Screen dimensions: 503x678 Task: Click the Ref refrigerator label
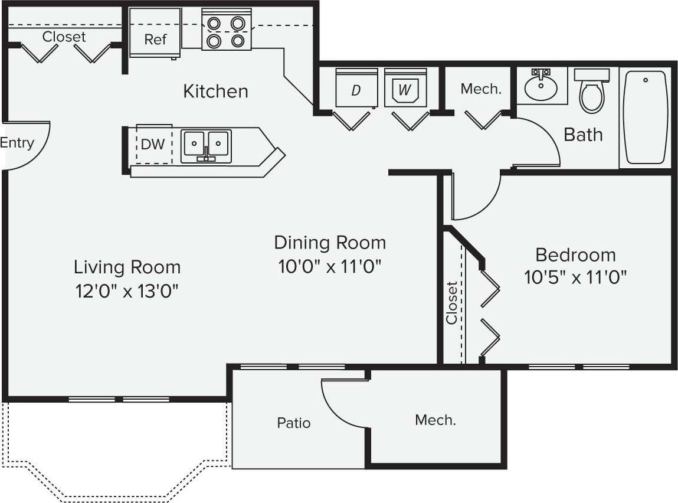click(156, 40)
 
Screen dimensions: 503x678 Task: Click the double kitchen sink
click(205, 145)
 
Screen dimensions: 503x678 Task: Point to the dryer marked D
click(356, 90)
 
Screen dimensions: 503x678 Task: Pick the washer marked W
click(404, 90)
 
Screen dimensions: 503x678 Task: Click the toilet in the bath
click(591, 92)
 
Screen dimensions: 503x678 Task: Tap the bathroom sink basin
click(541, 87)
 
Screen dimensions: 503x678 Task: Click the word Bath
click(583, 135)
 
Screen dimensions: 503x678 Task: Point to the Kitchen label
click(215, 92)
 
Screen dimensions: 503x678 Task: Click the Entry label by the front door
click(17, 143)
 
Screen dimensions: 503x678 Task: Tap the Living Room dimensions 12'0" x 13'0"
click(126, 290)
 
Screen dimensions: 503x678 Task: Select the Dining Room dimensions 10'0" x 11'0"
click(330, 266)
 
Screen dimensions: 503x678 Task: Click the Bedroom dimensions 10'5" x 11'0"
click(575, 277)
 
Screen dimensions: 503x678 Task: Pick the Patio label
click(294, 423)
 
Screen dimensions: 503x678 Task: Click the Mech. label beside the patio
click(435, 420)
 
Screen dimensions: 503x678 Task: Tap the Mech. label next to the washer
click(481, 89)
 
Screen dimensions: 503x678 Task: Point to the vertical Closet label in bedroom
click(452, 302)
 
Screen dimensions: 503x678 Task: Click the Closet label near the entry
click(64, 37)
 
